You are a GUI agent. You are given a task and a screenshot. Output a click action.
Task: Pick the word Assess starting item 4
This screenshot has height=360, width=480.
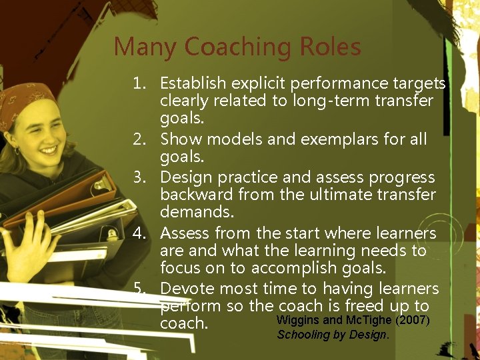pos(183,233)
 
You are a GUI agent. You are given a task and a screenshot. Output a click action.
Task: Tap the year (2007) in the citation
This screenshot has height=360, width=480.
pos(413,321)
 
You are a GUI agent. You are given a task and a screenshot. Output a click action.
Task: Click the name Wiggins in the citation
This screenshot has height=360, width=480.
pos(297,321)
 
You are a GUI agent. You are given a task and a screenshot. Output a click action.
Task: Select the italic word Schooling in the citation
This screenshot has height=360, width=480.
pos(303,335)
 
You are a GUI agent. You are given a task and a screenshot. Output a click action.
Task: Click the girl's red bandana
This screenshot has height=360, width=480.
pos(23,100)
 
